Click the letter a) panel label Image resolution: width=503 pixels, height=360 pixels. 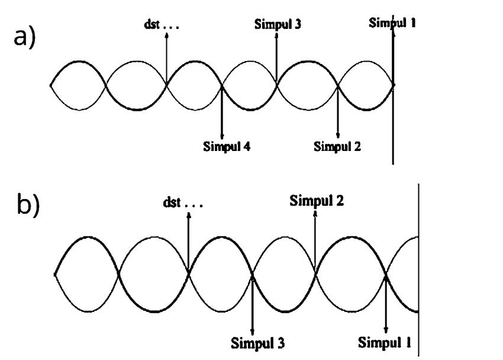tap(25, 38)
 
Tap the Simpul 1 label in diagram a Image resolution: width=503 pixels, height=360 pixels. tap(392, 23)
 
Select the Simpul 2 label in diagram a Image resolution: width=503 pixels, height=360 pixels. tap(337, 146)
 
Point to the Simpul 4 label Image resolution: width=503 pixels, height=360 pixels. tap(227, 146)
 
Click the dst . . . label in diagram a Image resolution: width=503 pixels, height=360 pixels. tap(162, 25)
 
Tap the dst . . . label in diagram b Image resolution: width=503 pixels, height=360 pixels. tap(182, 203)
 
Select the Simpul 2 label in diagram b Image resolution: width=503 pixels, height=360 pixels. tap(317, 200)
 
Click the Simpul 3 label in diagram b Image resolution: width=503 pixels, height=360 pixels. tap(257, 343)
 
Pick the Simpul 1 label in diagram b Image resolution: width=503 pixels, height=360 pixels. tap(385, 342)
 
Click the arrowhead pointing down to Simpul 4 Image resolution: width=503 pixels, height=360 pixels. tap(221, 136)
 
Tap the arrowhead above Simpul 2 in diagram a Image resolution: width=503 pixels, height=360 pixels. tap(337, 136)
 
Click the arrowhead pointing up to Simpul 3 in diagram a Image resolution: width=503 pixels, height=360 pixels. tap(276, 34)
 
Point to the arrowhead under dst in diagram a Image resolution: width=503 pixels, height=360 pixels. tap(166, 35)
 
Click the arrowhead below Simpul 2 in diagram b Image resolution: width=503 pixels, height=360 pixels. tap(315, 214)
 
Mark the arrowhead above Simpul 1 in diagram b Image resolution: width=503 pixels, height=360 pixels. tap(386, 330)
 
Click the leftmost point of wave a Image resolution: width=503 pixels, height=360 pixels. tap(50, 85)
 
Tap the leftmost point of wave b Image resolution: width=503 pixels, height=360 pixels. tap(54, 274)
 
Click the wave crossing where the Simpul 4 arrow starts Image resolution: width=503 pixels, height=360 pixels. tap(221, 85)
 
